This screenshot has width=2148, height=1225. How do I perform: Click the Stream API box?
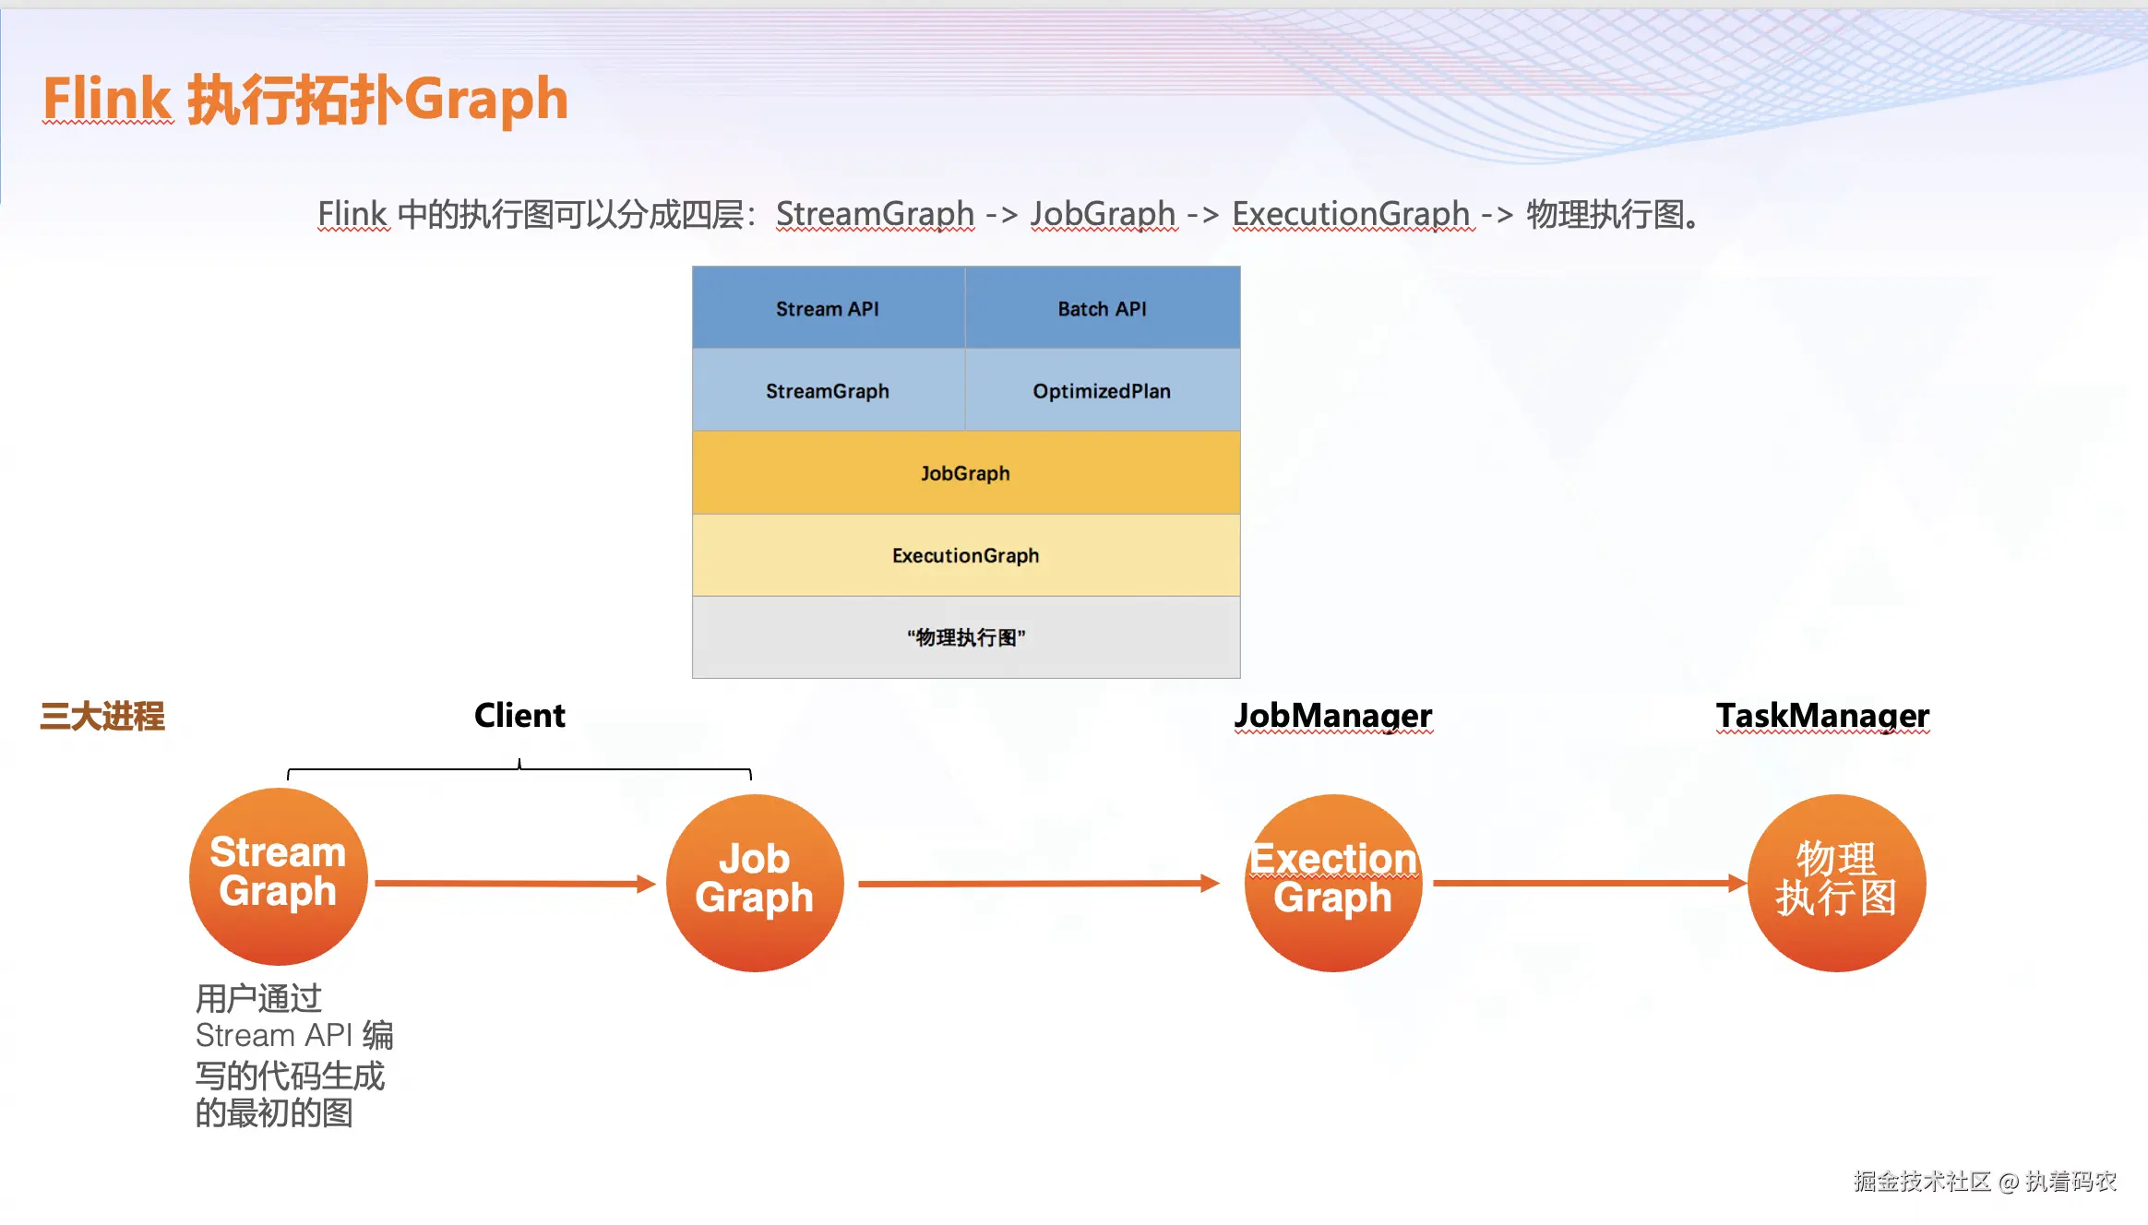tap(828, 308)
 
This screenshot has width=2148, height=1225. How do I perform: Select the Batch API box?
tap(1102, 308)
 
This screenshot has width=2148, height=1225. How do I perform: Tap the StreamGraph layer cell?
tap(828, 390)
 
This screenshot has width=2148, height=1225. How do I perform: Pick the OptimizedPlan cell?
tap(1102, 390)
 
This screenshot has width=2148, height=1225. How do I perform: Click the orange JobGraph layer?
tap(965, 472)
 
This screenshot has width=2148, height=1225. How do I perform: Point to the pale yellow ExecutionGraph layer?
tap(965, 554)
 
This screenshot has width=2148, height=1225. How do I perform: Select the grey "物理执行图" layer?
tap(965, 636)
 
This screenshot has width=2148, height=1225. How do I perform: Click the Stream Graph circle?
tap(278, 876)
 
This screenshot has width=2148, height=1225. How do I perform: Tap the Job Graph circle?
tap(755, 883)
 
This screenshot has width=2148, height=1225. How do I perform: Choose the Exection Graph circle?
tap(1332, 883)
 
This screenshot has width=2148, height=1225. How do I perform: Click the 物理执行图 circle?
tap(1836, 883)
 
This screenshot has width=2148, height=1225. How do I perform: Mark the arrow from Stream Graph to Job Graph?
tap(515, 884)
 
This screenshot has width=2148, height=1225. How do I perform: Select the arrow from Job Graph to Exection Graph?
tap(1038, 884)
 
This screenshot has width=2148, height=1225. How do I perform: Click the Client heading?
tap(519, 716)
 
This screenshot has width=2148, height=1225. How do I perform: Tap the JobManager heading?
tap(1333, 716)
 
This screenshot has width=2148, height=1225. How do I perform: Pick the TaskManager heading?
tap(1822, 716)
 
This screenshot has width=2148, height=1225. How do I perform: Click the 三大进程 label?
tap(102, 716)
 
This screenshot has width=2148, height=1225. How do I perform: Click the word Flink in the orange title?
tap(107, 99)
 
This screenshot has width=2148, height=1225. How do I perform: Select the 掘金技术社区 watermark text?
tap(1922, 1181)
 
